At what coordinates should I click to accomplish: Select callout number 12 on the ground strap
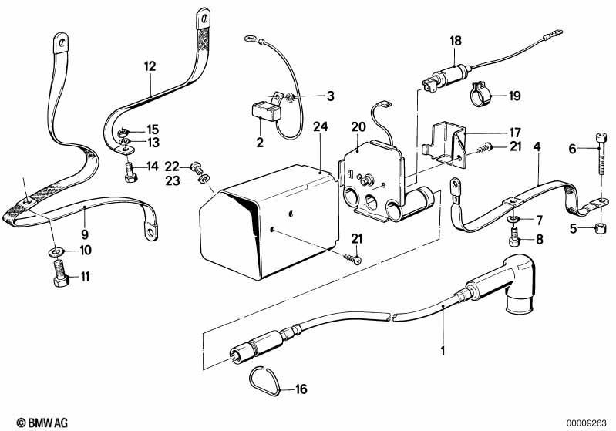(x=149, y=67)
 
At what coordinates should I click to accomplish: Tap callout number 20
(x=358, y=126)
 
